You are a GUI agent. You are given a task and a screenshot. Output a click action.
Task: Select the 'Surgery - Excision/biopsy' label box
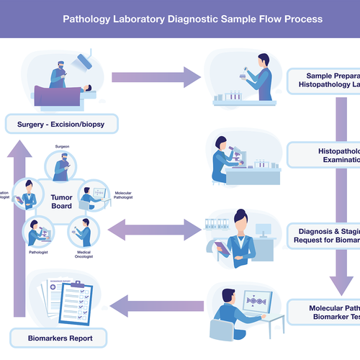click(x=60, y=125)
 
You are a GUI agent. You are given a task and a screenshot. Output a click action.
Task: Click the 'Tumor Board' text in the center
click(x=61, y=201)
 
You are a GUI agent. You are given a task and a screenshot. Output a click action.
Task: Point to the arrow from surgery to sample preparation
click(x=156, y=76)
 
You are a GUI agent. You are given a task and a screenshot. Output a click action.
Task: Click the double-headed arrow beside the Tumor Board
click(x=154, y=230)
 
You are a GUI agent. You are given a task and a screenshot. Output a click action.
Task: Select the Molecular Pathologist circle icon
click(x=93, y=196)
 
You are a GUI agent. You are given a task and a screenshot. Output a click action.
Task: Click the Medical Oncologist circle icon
click(x=84, y=233)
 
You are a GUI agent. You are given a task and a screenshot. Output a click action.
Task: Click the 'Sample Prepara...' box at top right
click(x=324, y=80)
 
